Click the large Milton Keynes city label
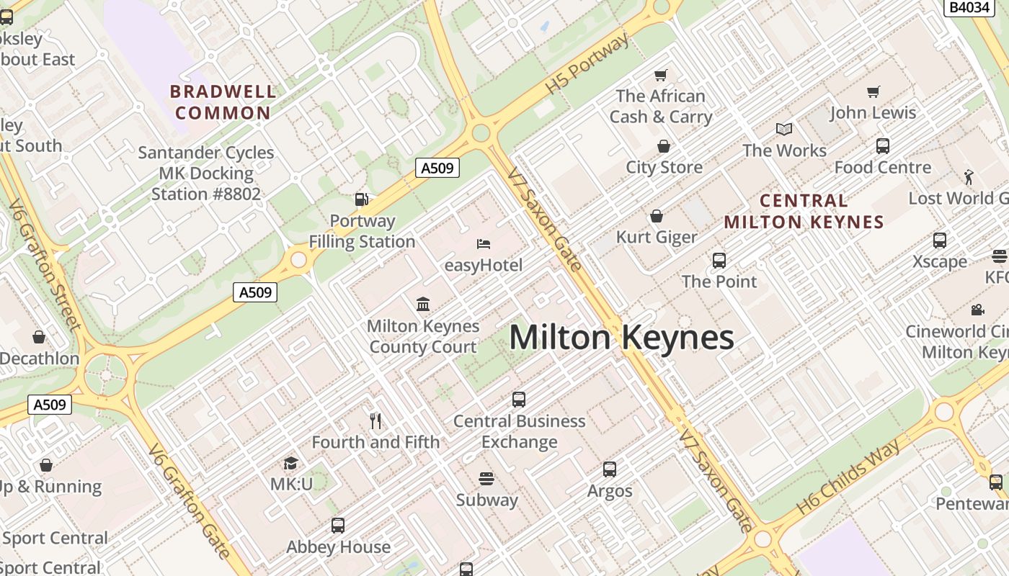(x=621, y=338)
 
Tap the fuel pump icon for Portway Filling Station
(x=362, y=199)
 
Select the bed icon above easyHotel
(x=484, y=244)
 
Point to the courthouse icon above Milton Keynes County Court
(x=423, y=305)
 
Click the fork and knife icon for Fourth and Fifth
(x=375, y=420)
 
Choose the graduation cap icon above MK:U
(x=291, y=463)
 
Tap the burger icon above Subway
(x=486, y=479)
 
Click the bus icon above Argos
(x=610, y=469)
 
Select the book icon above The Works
(x=784, y=129)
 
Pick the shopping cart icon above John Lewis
(x=874, y=91)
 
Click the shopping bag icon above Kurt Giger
(x=657, y=216)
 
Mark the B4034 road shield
(x=969, y=7)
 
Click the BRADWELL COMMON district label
(x=223, y=102)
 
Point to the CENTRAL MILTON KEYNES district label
(x=804, y=211)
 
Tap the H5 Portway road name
(x=587, y=63)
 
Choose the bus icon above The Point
(x=719, y=261)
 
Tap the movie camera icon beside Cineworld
(x=977, y=310)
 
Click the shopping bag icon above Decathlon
(x=39, y=337)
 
